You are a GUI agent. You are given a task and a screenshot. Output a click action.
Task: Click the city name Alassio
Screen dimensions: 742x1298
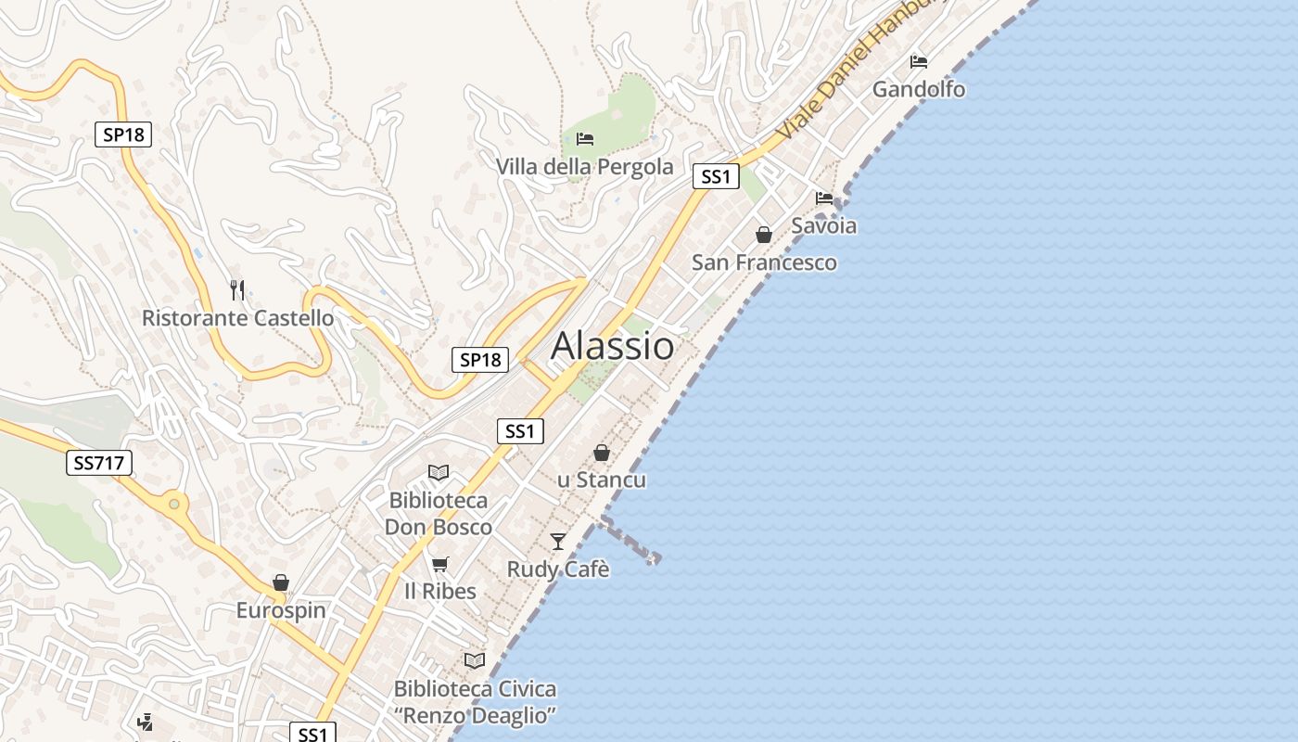613,346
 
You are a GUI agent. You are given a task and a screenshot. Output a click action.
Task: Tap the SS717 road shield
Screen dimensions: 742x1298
99,462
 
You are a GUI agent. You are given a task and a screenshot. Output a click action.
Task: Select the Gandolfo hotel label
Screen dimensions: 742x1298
918,90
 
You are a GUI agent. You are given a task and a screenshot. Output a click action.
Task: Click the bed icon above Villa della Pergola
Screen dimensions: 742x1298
585,139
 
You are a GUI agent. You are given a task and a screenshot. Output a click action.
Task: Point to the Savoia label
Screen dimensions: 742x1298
823,225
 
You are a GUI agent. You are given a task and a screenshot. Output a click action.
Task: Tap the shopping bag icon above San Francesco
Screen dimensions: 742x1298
764,235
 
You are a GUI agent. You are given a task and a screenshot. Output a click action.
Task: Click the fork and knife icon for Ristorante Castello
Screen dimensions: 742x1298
237,290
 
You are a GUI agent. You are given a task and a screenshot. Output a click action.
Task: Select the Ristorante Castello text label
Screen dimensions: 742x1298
237,318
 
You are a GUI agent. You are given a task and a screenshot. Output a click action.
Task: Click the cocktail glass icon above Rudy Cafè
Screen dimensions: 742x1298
557,542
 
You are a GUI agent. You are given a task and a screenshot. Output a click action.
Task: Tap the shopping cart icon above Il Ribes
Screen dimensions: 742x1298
440,564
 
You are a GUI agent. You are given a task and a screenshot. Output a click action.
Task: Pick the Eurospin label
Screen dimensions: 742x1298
281,610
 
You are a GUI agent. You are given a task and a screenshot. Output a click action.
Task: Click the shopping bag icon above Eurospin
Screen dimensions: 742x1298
281,582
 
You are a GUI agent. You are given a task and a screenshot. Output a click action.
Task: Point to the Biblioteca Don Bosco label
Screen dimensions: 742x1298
438,514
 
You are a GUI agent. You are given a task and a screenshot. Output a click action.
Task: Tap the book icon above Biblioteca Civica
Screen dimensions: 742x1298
475,660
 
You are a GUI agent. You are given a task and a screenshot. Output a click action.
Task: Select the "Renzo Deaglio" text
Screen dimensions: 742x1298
475,716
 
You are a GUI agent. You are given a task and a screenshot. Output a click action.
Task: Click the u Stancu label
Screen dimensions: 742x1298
602,480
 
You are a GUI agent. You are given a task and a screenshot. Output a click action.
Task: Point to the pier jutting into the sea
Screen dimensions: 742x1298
630,538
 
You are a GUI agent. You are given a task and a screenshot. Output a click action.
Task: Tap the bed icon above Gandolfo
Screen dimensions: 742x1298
919,62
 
